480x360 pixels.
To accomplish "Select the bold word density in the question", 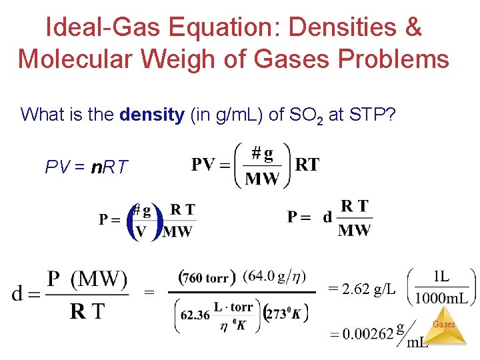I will pos(152,115).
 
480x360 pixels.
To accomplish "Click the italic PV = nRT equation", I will pos(86,167).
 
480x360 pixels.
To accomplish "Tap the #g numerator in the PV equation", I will pos(262,154).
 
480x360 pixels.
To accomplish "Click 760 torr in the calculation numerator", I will pos(207,277).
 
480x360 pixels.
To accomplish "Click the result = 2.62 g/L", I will pos(362,289).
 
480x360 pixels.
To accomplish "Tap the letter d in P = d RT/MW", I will pos(327,217).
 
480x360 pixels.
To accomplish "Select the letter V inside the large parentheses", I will pos(141,231).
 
